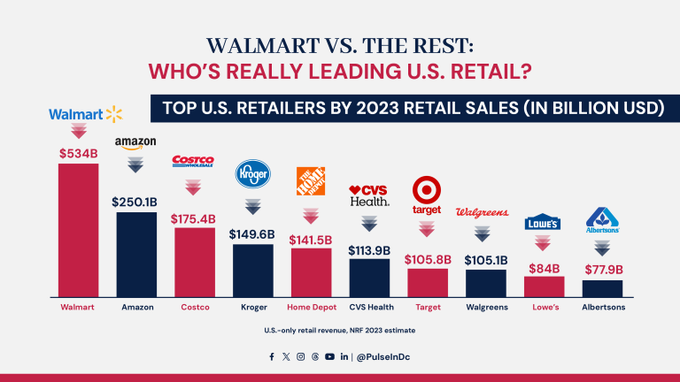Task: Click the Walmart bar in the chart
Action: pos(78,230)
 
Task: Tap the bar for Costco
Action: pos(195,262)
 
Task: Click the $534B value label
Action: pos(78,153)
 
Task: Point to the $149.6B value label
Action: pos(253,234)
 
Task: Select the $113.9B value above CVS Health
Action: pos(369,248)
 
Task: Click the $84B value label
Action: pos(544,266)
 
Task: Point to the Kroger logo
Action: pos(252,175)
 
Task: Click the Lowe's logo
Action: pos(543,223)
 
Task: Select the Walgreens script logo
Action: pos(485,212)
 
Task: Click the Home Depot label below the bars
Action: pos(311,307)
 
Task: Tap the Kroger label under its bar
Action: pos(252,307)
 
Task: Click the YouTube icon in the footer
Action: pos(329,356)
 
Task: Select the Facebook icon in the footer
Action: pos(272,356)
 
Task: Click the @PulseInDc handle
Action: pos(383,356)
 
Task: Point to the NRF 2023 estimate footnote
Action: pos(339,329)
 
